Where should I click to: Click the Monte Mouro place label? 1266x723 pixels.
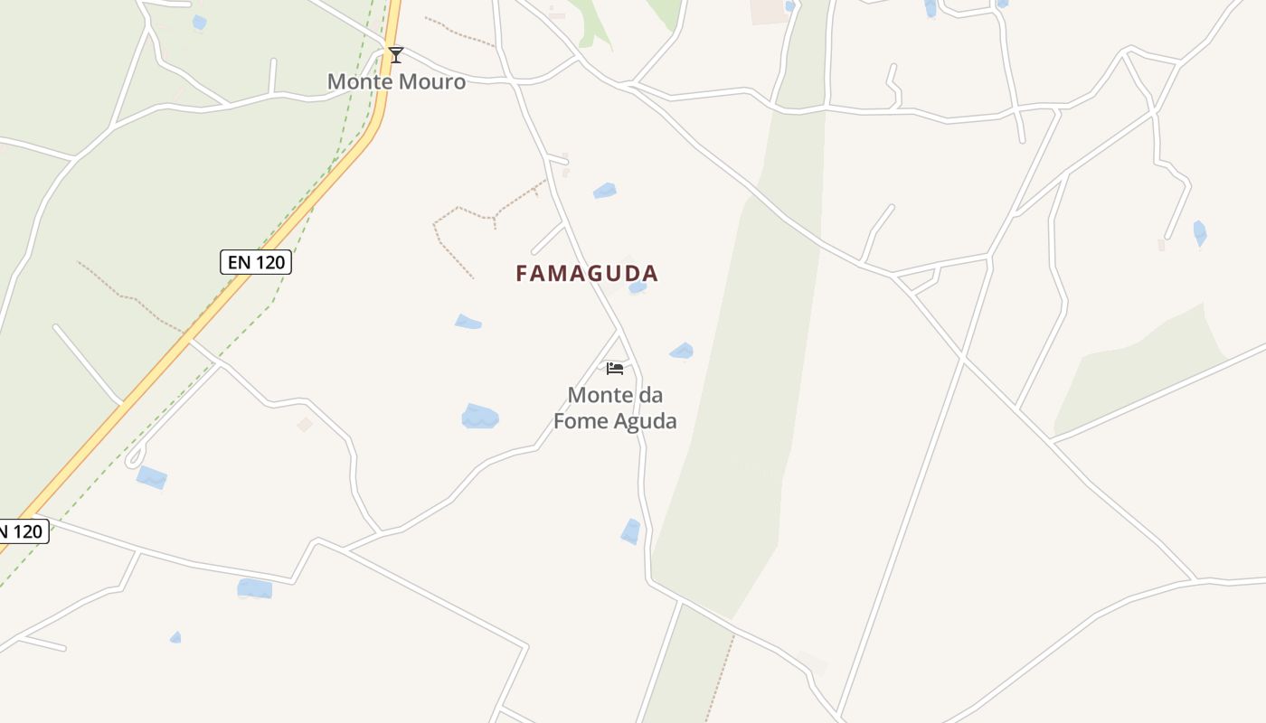396,81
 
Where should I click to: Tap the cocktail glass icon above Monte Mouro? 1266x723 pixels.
396,55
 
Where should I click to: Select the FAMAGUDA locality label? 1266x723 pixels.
587,273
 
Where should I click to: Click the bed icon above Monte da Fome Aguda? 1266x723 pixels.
615,368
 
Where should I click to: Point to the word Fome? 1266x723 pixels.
581,421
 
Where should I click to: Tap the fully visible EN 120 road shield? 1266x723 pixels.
256,262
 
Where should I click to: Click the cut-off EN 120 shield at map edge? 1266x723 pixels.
23,531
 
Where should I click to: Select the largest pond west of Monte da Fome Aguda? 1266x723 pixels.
479,417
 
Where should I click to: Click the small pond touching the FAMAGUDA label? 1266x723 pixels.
638,288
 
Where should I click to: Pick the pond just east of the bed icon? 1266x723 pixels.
682,352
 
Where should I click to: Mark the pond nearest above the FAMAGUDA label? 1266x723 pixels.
604,191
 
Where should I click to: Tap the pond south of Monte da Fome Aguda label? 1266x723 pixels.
630,531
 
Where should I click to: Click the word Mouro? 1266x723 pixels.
432,81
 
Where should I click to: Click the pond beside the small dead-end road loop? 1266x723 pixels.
152,477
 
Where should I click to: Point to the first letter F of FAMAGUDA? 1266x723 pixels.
522,273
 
